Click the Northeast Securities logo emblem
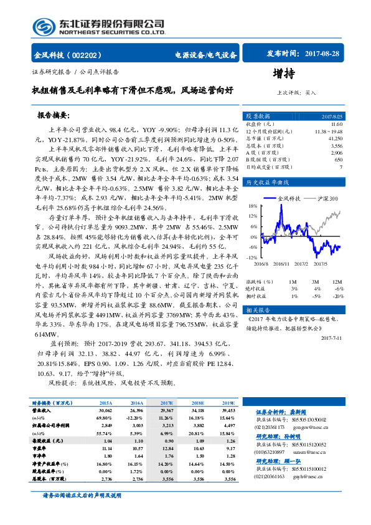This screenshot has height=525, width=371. coord(43,26)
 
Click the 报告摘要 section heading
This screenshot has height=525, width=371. coord(54,116)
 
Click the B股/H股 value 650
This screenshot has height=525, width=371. coord(339,159)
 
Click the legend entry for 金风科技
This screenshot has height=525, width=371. coord(288,198)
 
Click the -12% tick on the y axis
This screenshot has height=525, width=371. coord(251,258)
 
